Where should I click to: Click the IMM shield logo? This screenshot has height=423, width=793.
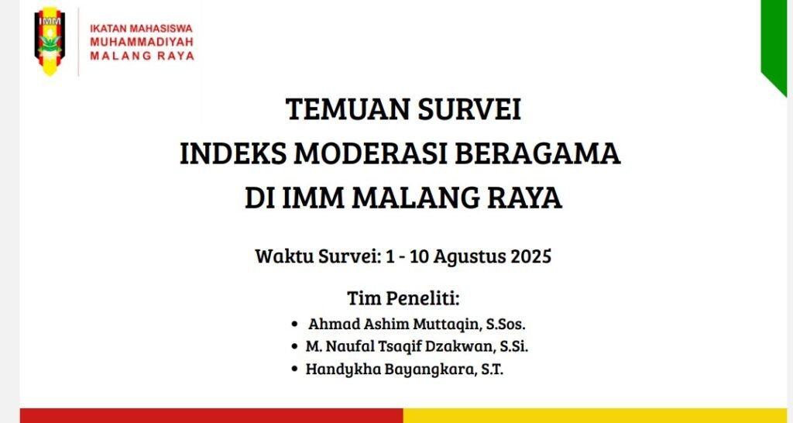click(50, 42)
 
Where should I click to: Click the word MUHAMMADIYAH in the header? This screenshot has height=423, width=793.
click(142, 42)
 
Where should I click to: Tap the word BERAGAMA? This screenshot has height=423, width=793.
click(537, 154)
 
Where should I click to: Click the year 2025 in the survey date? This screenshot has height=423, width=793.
click(530, 256)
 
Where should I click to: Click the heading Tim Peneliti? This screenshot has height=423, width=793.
click(403, 298)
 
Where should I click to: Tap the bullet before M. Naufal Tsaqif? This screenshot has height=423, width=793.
click(294, 347)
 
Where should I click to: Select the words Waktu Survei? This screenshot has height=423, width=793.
click(317, 256)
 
